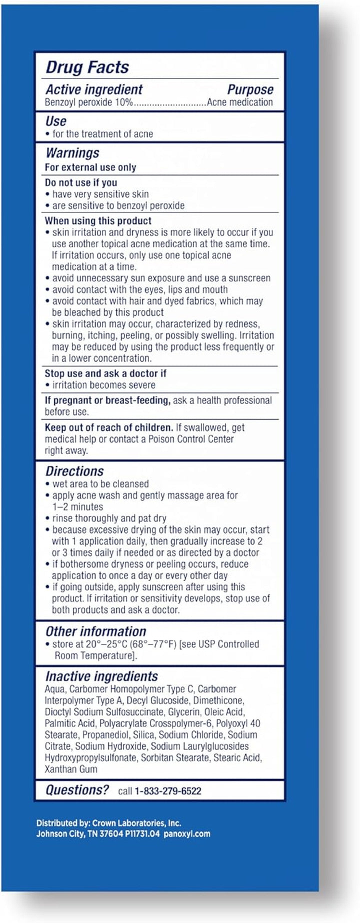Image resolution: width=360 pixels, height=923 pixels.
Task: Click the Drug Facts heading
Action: point(87,67)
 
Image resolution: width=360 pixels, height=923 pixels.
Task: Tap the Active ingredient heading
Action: point(94,89)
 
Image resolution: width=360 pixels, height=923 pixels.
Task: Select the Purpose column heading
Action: point(250,89)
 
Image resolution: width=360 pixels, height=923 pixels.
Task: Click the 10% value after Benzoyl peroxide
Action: point(125,102)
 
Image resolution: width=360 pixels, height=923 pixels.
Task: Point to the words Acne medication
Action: point(240,102)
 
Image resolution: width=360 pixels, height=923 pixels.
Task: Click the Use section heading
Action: point(55,121)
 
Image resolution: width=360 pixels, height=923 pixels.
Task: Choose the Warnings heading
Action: point(72,153)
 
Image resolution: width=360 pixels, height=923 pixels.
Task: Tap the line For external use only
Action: point(90,167)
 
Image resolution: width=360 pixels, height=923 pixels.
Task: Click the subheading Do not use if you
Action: point(81,182)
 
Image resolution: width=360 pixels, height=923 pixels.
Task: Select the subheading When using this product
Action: point(98,220)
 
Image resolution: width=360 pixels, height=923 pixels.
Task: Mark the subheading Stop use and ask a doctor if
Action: point(105,373)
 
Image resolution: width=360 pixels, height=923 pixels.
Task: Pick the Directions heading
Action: point(74,471)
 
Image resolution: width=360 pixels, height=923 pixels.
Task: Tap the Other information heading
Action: point(96,631)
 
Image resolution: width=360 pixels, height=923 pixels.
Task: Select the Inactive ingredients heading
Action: point(101,676)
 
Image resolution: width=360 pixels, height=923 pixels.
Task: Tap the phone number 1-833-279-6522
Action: point(168,791)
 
